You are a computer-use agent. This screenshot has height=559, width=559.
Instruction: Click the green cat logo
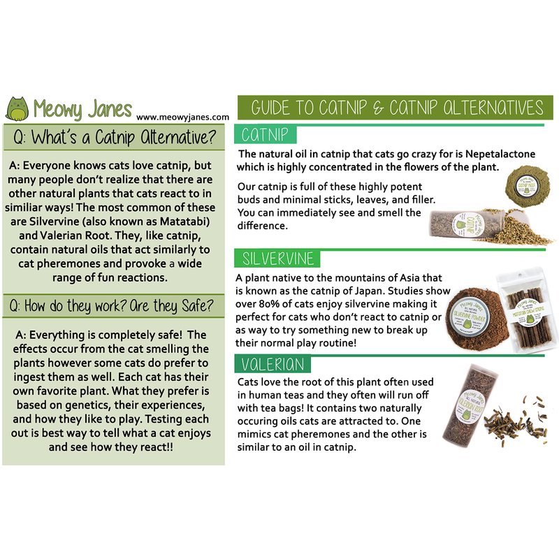[17, 109]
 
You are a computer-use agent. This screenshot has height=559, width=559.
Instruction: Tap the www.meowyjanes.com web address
[183, 117]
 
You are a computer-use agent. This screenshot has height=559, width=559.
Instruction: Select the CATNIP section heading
[265, 135]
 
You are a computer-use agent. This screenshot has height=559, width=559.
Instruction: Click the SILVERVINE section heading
[277, 259]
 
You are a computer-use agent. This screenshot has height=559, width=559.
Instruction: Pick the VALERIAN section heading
[273, 364]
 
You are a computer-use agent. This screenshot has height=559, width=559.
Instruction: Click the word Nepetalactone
[500, 154]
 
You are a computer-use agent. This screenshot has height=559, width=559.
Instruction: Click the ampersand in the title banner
[378, 108]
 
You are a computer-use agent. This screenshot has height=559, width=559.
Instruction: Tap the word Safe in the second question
[197, 306]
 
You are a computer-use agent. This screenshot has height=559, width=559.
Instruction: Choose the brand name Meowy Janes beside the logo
[82, 108]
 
